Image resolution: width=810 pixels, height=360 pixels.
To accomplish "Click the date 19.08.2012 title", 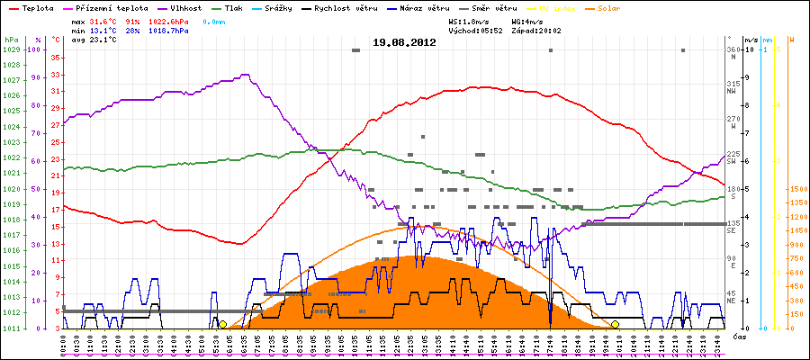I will [x=404, y=42].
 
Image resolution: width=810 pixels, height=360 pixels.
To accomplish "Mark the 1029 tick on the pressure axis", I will [x=11, y=50].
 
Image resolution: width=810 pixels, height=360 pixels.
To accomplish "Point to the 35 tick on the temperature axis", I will [x=56, y=58].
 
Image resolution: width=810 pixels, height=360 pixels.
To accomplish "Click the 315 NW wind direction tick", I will [x=732, y=86].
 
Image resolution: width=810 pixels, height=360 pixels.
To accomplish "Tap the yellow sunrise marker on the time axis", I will [x=222, y=324].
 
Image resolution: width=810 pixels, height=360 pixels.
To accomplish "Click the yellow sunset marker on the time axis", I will [x=615, y=324].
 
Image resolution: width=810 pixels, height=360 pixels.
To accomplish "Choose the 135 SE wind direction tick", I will [x=732, y=225].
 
